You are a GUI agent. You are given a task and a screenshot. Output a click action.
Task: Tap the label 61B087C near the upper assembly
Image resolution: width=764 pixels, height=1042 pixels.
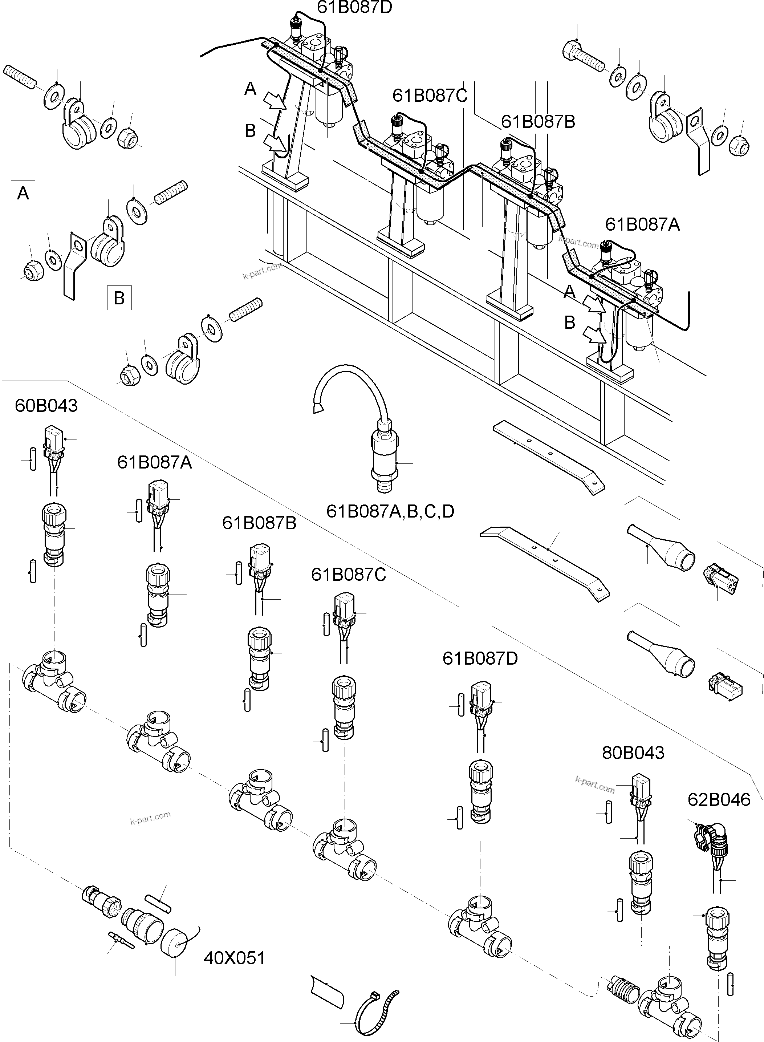pyautogui.click(x=430, y=96)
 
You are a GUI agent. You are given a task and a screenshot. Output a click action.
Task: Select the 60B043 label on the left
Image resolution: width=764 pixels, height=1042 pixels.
pyautogui.click(x=46, y=406)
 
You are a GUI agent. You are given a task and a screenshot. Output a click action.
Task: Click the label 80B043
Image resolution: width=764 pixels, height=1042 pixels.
pyautogui.click(x=633, y=753)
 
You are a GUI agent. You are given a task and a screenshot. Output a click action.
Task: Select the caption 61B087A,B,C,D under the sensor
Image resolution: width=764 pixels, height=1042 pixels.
pyautogui.click(x=390, y=511)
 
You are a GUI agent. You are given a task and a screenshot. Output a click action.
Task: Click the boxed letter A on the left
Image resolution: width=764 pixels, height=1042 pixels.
pyautogui.click(x=23, y=193)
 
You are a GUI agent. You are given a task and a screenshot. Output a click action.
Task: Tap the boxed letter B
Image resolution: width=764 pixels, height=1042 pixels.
pyautogui.click(x=119, y=298)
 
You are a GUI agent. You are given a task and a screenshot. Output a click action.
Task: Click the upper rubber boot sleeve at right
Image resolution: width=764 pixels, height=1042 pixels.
pyautogui.click(x=661, y=548)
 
